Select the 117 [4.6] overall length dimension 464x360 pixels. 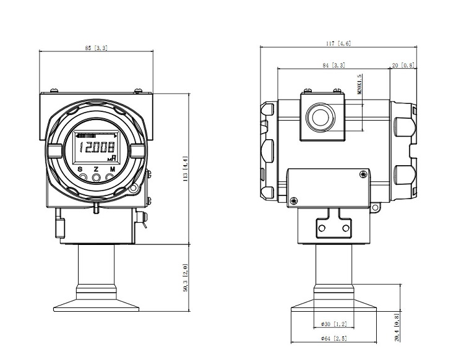click(338, 43)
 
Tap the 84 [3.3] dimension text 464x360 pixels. click(334, 65)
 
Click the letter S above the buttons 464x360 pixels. click(81, 169)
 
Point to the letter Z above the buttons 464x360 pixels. click(96, 169)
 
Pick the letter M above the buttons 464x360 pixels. click(112, 169)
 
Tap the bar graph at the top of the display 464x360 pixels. click(87, 135)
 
